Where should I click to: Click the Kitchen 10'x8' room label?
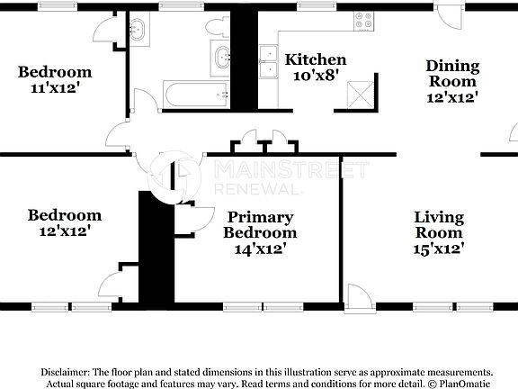click(x=316, y=68)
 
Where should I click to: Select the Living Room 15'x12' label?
click(x=439, y=232)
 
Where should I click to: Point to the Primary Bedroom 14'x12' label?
click(x=260, y=232)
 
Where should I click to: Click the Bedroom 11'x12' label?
click(x=55, y=80)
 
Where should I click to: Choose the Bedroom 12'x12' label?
click(x=64, y=222)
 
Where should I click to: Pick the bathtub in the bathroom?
click(x=194, y=94)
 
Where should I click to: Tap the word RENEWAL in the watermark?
click(x=255, y=190)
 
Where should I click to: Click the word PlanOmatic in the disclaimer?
click(x=468, y=383)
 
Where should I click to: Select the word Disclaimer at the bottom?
click(x=65, y=372)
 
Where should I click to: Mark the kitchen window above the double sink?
click(x=310, y=6)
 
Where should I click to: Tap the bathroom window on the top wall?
click(x=175, y=6)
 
